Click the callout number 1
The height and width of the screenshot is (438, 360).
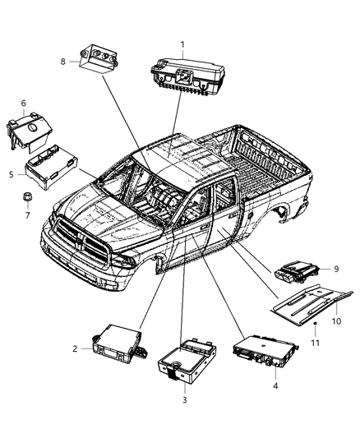[183, 44]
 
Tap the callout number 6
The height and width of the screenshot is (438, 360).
[23, 103]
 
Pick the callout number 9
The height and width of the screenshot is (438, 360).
[337, 269]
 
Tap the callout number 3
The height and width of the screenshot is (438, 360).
[182, 401]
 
